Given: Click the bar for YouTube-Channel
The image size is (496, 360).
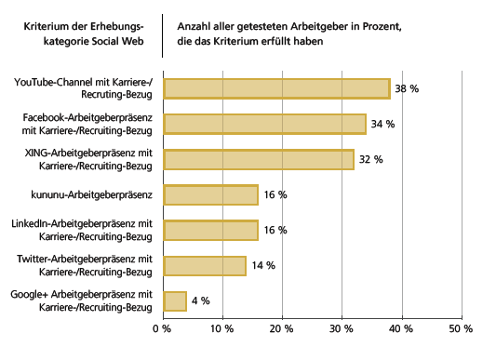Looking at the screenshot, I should (276, 88).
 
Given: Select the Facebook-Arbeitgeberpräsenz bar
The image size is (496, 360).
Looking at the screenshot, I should (265, 124).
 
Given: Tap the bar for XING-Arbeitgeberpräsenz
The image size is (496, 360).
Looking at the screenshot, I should (259, 159).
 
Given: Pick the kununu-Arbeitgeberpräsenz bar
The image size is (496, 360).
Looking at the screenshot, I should (211, 194).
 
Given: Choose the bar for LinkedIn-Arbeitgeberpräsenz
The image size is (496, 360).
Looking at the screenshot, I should (211, 230).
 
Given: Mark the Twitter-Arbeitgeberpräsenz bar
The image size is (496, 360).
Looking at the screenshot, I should (205, 265).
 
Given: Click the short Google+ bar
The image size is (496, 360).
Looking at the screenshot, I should (175, 300).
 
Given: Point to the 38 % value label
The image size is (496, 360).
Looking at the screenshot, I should (407, 88).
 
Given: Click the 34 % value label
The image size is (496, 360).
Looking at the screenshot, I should (382, 124).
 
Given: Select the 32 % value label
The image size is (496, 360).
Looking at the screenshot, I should (370, 159).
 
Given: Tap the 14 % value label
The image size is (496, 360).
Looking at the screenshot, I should (263, 265).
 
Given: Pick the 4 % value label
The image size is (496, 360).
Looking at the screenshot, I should (200, 300).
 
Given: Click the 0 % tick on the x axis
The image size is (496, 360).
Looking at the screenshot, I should (164, 328).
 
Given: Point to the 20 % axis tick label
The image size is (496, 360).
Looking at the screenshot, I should (282, 328).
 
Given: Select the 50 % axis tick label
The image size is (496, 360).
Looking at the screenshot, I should (461, 328).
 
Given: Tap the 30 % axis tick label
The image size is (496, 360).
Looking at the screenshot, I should (342, 328).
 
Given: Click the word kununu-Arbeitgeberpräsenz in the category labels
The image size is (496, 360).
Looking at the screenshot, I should (90, 194).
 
